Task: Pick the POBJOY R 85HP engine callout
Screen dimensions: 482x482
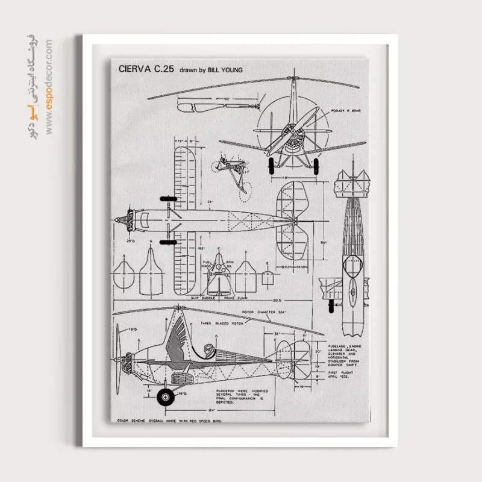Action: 347,111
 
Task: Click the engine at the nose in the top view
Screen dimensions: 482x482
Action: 125,221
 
